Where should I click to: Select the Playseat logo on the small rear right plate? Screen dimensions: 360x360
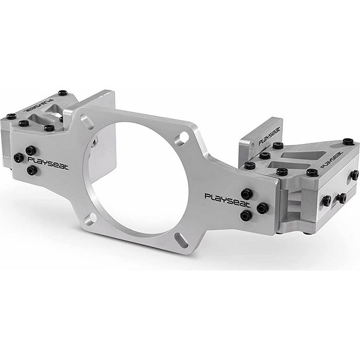(x=269, y=137)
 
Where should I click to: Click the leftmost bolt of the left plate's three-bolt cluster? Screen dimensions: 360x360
(x=18, y=157)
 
